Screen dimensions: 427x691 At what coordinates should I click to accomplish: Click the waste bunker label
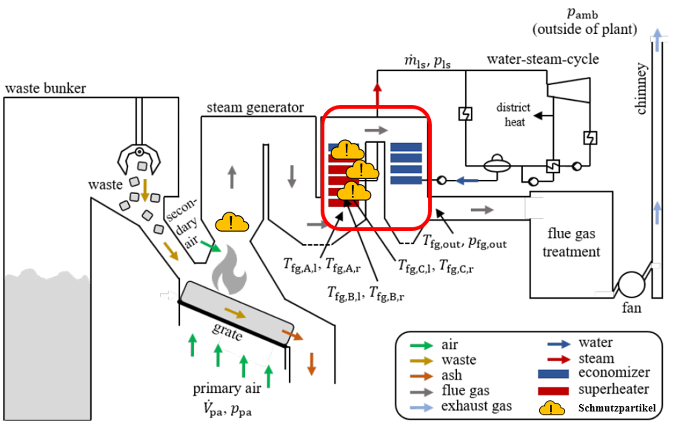[45, 88]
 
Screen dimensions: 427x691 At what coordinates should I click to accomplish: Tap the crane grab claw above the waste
[139, 159]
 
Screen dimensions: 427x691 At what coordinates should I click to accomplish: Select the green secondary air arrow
[211, 246]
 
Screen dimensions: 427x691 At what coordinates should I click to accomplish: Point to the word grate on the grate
[227, 331]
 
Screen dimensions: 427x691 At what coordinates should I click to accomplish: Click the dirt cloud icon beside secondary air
[232, 223]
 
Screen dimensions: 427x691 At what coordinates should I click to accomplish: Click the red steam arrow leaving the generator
[377, 93]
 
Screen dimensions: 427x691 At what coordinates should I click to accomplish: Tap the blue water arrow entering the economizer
[467, 181]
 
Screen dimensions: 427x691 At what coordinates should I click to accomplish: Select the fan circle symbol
[631, 284]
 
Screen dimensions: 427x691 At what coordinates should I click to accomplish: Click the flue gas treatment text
[571, 242]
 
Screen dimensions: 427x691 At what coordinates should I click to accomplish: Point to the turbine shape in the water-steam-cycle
[569, 90]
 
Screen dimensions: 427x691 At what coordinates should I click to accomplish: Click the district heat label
[514, 114]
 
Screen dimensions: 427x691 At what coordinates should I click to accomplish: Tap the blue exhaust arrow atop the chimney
[657, 40]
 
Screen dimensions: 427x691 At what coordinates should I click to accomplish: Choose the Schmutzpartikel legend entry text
[617, 408]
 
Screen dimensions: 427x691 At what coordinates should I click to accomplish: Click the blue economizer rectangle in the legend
[553, 374]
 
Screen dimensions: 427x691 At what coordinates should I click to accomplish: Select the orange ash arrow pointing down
[311, 364]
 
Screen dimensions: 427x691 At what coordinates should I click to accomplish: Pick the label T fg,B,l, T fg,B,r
[365, 294]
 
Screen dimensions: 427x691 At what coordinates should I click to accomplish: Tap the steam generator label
[255, 107]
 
